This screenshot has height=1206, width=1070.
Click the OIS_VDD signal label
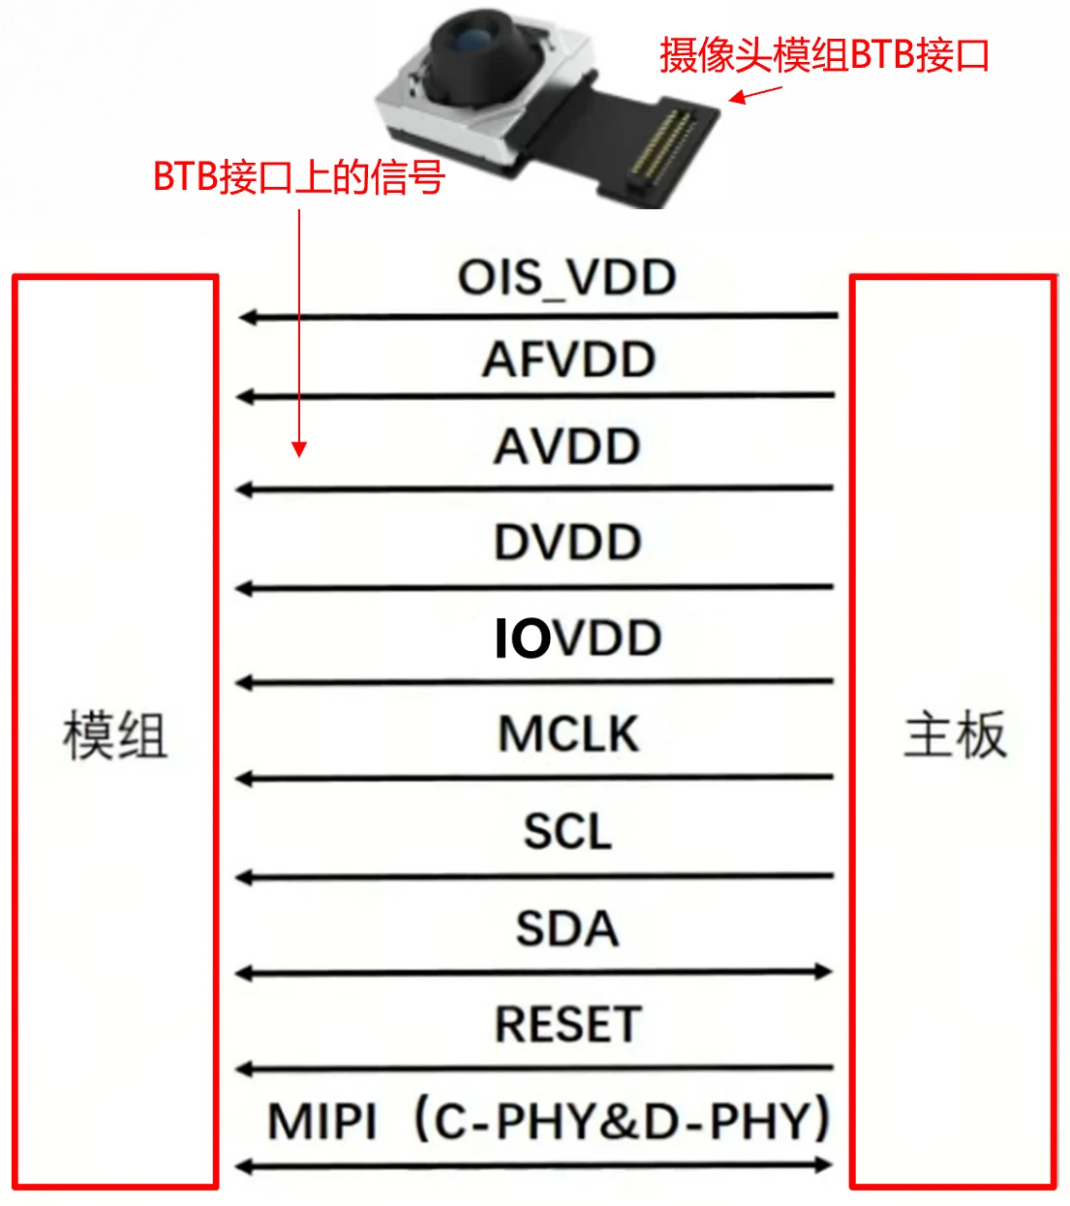pos(566,277)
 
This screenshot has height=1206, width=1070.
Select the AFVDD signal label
pos(569,359)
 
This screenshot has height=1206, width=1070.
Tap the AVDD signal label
pos(567,447)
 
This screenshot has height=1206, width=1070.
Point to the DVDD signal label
pos(567,541)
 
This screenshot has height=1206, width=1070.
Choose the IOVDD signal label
pos(578,638)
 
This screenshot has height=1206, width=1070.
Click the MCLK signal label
pos(568,733)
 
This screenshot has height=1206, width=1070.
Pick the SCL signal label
pos(567,831)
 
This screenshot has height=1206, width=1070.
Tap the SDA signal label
pos(567,929)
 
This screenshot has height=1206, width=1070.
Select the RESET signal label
pos(568,1025)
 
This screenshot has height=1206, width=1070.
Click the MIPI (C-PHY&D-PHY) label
pos(548,1121)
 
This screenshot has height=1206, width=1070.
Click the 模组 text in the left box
pos(115,736)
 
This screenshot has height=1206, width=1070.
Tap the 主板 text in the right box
pos(955,734)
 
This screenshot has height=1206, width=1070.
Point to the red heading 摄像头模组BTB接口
pos(824,55)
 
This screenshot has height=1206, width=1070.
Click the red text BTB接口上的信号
pos(299,177)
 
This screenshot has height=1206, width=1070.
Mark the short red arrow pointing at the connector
pos(754,95)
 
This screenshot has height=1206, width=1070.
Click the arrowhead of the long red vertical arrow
pos(299,448)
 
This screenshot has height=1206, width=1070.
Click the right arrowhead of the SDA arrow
pos(824,972)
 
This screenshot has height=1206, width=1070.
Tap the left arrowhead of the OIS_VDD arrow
pos(247,318)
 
